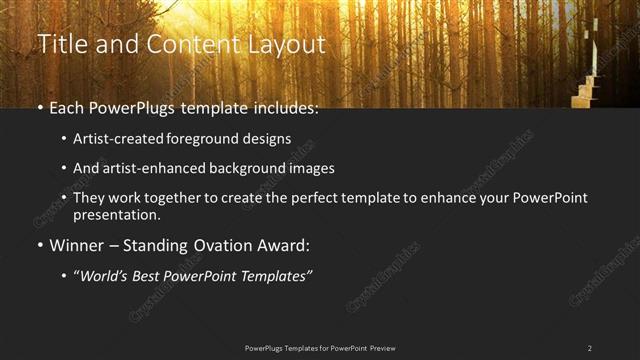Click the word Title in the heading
coord(60,45)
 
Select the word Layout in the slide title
coord(288,45)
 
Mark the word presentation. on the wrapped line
coord(117,214)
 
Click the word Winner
coord(78,245)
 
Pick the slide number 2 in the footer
coord(589,348)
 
